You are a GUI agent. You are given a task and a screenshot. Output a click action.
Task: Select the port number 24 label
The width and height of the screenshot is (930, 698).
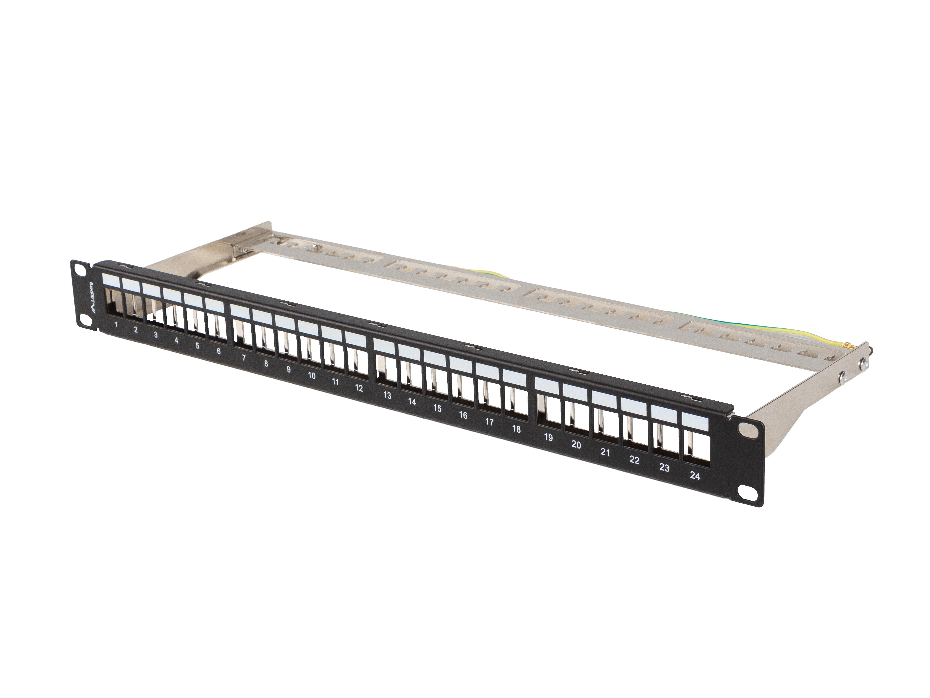coord(695,476)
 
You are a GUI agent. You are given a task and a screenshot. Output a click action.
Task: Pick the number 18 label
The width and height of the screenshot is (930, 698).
coord(516,429)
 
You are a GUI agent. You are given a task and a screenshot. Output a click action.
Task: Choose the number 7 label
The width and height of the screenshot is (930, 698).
coord(244,358)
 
